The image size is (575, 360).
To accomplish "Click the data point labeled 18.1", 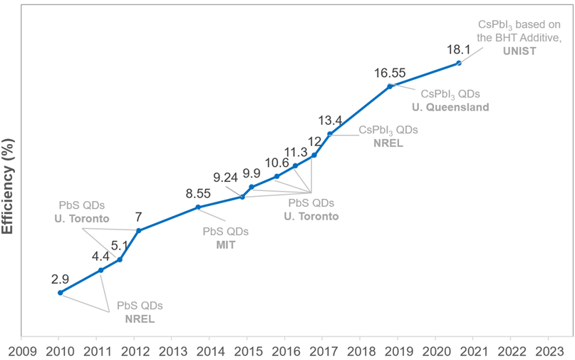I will [x=459, y=63].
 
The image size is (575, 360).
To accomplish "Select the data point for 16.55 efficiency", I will [x=390, y=86].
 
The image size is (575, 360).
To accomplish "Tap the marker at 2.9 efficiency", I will [x=61, y=292].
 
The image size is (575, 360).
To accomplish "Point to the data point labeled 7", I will [x=138, y=230].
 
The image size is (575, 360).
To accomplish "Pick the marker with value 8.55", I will [x=198, y=207].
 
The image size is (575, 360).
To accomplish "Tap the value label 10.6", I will [x=276, y=163].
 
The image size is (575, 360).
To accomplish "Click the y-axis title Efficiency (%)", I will [x=9, y=182].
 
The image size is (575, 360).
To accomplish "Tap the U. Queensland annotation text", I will [x=450, y=108].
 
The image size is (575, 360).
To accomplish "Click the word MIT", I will [x=226, y=245].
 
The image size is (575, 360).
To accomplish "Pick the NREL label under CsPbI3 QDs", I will [x=388, y=143].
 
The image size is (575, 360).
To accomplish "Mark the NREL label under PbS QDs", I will [x=140, y=319].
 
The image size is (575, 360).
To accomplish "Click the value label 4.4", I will [x=100, y=256].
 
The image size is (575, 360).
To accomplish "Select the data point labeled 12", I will [x=314, y=155].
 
